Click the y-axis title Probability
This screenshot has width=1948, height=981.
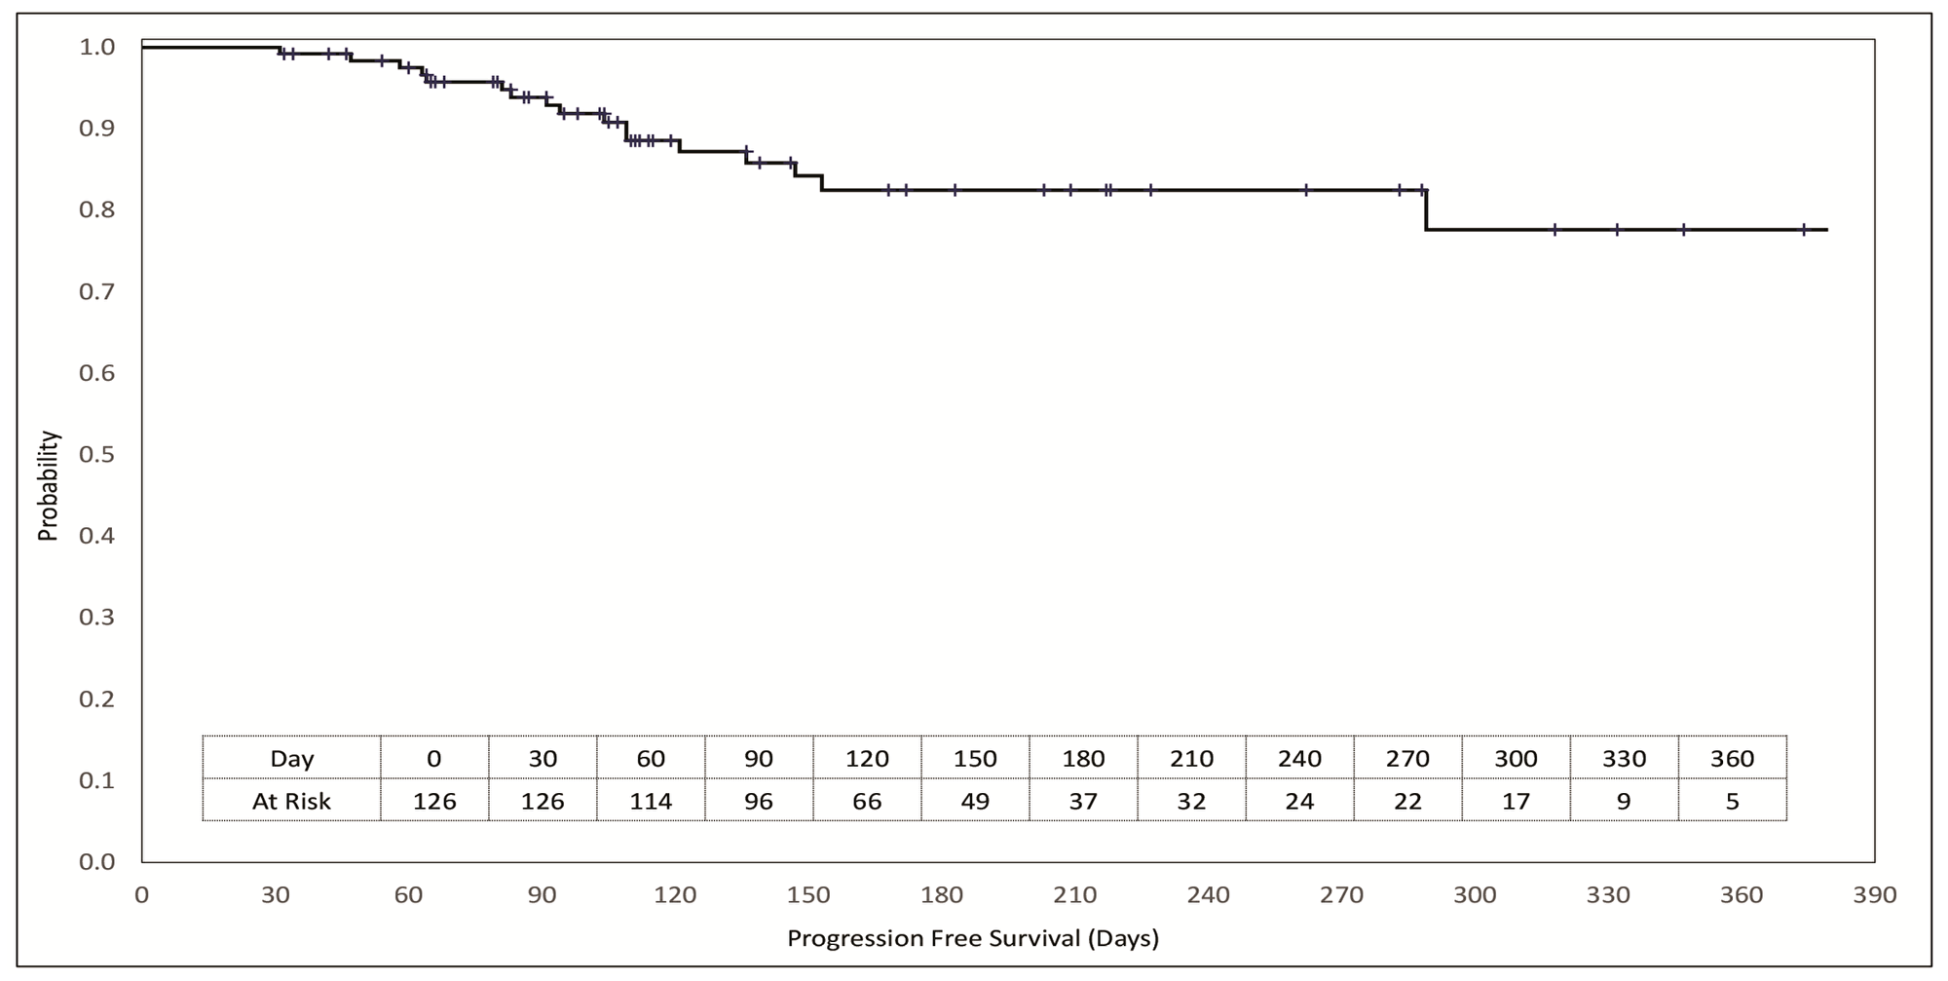48,486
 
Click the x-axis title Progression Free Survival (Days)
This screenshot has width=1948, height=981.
972,938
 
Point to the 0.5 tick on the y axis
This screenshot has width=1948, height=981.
96,454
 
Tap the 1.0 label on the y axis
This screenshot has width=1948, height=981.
96,47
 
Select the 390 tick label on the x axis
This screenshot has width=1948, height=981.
1875,894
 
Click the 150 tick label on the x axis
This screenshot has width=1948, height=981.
808,894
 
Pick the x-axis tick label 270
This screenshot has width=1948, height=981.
1341,894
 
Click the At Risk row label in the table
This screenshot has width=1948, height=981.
291,801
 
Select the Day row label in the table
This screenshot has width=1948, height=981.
291,758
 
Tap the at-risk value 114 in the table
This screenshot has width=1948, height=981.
650,801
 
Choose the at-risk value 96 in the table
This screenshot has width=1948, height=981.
758,801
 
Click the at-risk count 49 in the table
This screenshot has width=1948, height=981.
974,801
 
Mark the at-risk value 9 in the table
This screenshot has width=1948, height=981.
1624,801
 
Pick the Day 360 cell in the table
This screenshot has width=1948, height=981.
1732,758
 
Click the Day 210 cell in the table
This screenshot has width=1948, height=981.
1191,758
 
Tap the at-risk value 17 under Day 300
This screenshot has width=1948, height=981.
1516,801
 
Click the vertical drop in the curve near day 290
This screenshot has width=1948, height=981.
1426,209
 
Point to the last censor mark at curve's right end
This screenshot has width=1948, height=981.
1804,230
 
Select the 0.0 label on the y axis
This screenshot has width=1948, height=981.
96,861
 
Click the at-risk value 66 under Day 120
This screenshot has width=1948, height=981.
867,801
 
